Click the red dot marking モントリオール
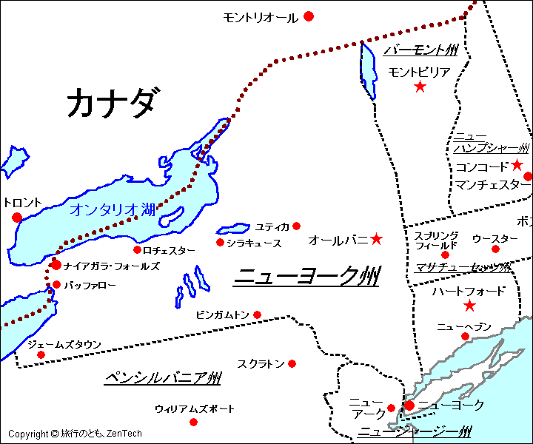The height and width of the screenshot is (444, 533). [309, 16]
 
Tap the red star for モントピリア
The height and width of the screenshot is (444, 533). [420, 87]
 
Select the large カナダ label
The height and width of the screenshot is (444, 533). [111, 102]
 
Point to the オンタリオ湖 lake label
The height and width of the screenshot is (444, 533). [113, 209]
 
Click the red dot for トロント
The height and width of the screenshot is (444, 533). [17, 218]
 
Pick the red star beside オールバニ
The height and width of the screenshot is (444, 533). [376, 239]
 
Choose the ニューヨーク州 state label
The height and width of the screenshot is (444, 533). [306, 277]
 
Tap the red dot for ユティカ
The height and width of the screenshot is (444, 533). [296, 226]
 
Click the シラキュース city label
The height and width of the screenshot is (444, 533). [254, 243]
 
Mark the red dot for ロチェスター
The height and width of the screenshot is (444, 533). [137, 249]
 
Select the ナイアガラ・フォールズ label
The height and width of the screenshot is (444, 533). [111, 265]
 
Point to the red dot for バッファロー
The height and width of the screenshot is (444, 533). [56, 284]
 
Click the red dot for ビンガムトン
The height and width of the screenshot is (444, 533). [257, 315]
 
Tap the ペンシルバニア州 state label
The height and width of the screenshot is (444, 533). [163, 378]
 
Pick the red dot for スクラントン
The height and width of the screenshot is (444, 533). [292, 363]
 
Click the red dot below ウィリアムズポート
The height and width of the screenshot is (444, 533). [193, 422]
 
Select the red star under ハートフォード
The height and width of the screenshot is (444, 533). [469, 306]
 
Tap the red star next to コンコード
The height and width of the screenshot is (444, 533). [517, 165]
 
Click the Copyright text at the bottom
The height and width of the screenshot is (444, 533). [75, 434]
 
